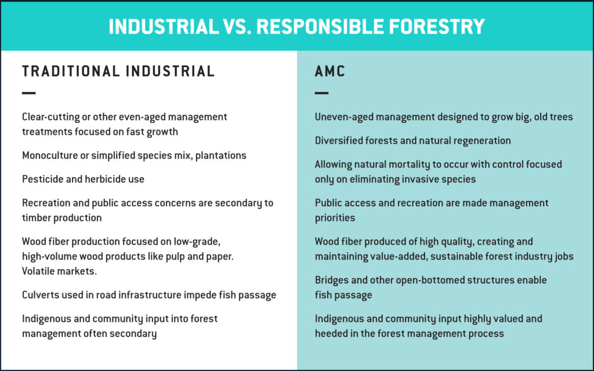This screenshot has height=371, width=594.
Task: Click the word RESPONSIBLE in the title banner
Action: click(x=320, y=27)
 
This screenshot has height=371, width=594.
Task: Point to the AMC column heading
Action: click(x=330, y=71)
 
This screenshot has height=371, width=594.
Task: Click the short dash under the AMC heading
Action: click(x=321, y=93)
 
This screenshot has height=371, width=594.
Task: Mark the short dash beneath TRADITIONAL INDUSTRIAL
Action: click(x=29, y=93)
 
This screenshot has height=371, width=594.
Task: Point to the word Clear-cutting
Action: click(x=50, y=117)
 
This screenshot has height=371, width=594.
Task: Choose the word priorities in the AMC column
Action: click(x=335, y=218)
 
